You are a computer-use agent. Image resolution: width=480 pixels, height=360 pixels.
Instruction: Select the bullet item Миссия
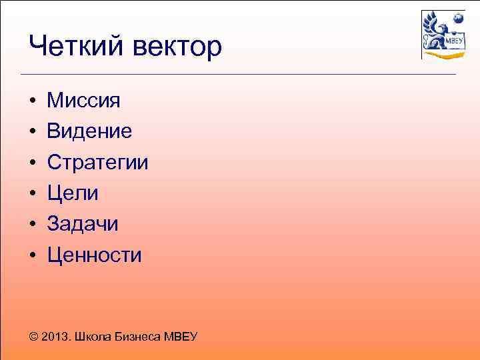point(83,101)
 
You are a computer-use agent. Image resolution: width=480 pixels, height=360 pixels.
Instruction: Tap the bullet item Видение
point(89,131)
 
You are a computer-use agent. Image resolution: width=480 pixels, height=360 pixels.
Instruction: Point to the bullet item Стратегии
point(97,163)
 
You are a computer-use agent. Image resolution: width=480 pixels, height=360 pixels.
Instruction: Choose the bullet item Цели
point(73,193)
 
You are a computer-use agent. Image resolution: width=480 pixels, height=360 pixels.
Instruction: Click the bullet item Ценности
point(94,255)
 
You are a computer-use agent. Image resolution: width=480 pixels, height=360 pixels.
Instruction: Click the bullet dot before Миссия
point(32,101)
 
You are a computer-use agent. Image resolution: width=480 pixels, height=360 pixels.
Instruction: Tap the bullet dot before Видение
point(32,132)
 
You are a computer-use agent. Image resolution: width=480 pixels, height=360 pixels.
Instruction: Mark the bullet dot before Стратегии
point(32,163)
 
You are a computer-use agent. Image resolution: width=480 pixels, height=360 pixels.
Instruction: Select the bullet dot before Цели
point(32,194)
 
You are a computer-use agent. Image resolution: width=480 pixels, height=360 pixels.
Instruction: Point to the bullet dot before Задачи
point(32,225)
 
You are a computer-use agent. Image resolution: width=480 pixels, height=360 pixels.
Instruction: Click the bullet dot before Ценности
point(32,255)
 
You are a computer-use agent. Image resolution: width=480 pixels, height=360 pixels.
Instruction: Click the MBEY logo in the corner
point(443,35)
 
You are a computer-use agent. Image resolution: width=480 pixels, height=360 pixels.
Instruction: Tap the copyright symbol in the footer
point(34,337)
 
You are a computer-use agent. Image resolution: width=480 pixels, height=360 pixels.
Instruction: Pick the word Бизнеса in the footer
point(138,337)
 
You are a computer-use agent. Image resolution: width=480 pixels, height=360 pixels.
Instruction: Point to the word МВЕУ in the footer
point(181,337)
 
